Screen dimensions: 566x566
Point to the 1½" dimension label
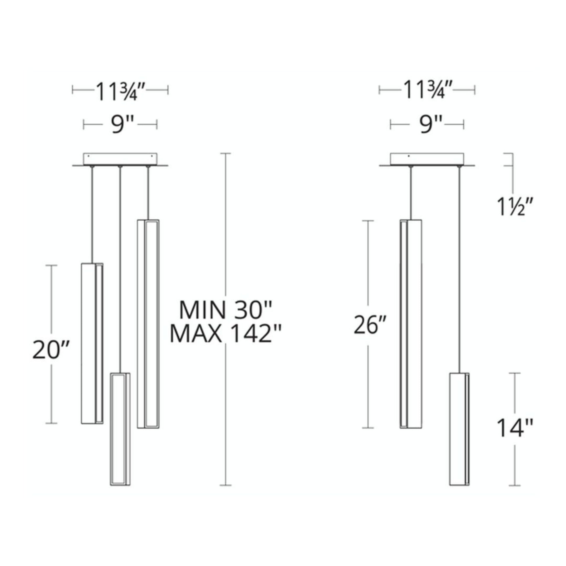[x=512, y=206]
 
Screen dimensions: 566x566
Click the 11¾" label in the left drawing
[x=120, y=91]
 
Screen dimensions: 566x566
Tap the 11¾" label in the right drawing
[x=427, y=90]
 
